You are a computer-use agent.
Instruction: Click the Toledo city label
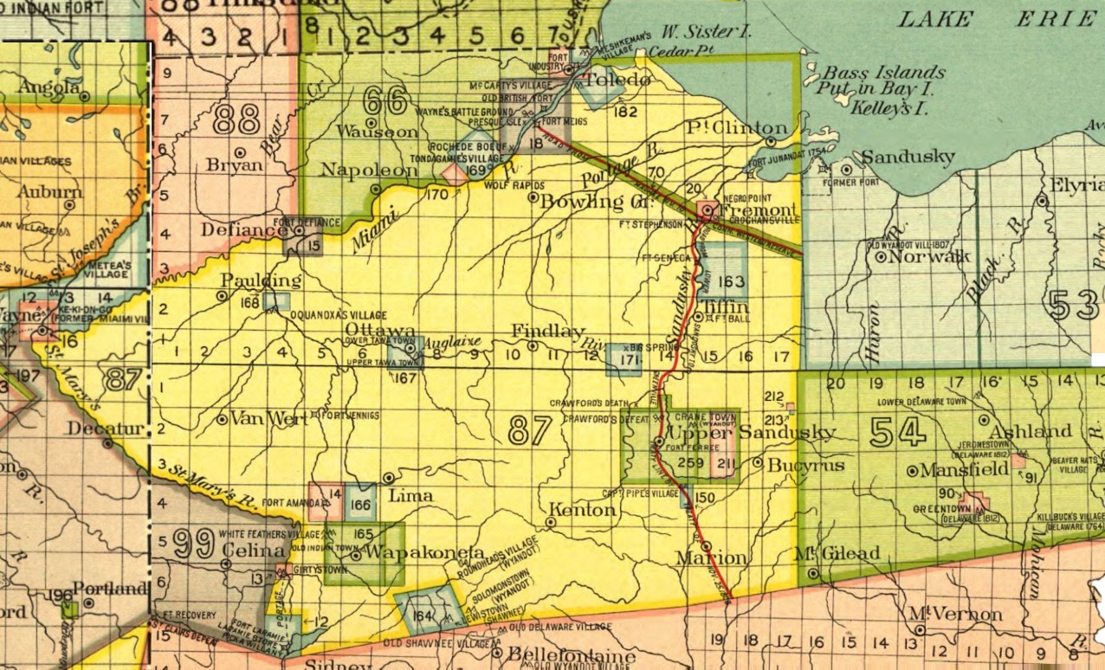(x=617, y=81)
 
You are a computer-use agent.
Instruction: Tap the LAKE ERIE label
(x=996, y=17)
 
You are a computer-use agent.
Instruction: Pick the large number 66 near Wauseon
(x=385, y=101)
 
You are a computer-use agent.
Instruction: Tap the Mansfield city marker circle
(x=912, y=471)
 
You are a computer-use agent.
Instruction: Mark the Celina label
(x=256, y=552)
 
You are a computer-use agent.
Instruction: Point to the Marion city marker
(x=707, y=546)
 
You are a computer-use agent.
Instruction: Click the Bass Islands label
(x=882, y=74)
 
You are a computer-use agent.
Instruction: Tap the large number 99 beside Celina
(x=191, y=544)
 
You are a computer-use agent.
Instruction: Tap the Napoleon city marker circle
(x=375, y=189)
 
